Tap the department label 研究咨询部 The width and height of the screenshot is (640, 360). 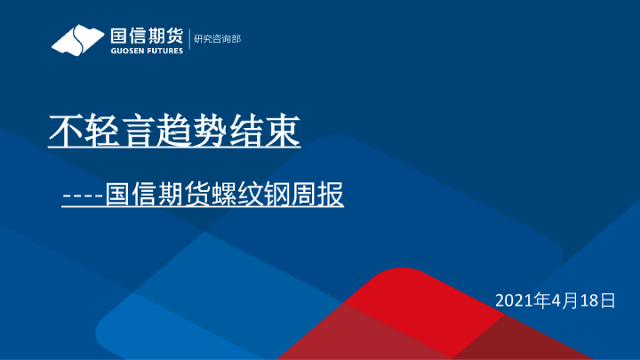(217, 38)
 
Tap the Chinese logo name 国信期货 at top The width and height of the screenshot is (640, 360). (146, 36)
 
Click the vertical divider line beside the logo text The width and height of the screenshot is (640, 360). (188, 38)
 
